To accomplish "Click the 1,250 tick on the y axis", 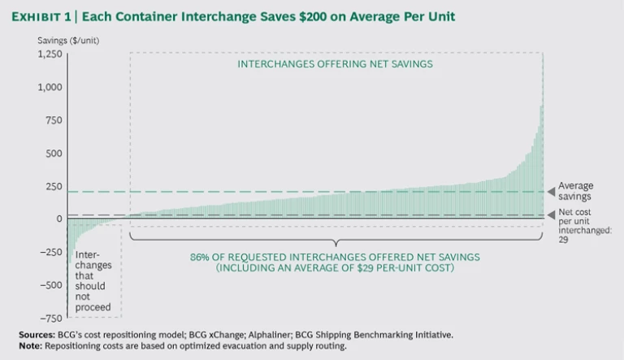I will [x=50, y=54].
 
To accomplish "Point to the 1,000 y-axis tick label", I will [x=50, y=87].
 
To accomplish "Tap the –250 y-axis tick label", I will [x=51, y=252].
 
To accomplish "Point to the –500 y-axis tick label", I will [x=51, y=284].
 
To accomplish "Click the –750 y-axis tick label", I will [x=51, y=318].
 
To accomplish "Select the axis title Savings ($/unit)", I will [x=67, y=40].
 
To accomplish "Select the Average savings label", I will [x=576, y=192].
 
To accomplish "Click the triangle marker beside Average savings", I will [x=551, y=192].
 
